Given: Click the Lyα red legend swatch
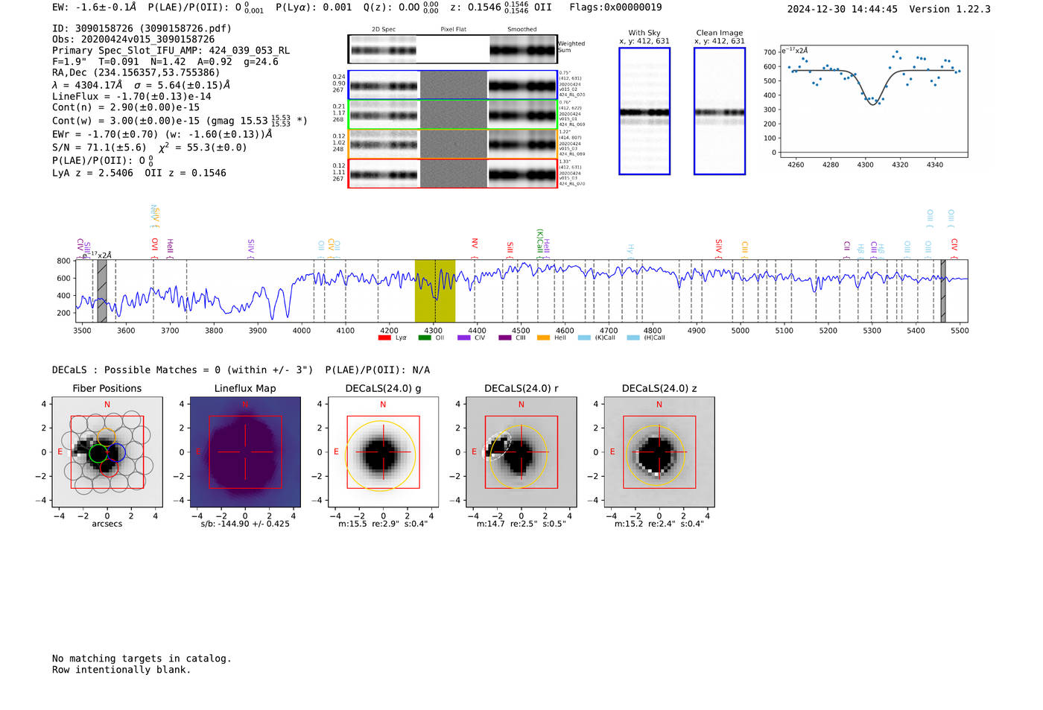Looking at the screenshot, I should click(x=384, y=338).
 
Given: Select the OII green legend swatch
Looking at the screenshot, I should click(x=425, y=338).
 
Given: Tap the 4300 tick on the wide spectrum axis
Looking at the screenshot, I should click(x=434, y=330).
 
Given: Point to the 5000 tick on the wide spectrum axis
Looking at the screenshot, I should click(x=741, y=330).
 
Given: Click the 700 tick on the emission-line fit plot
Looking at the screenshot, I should click(x=770, y=52).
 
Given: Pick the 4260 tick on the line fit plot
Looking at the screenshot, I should click(x=796, y=165).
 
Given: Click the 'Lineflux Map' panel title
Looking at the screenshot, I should click(x=245, y=388).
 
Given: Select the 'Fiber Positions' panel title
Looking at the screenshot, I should click(x=107, y=388).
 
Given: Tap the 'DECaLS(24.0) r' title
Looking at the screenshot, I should click(x=521, y=388).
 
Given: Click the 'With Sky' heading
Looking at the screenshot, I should click(x=644, y=33).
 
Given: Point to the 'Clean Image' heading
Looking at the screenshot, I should click(x=720, y=33).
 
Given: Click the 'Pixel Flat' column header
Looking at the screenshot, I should click(x=453, y=30).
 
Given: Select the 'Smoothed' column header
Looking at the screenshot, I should click(x=521, y=30).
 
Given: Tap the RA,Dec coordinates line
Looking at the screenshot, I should click(x=136, y=73).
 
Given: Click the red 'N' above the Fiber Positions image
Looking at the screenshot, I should click(x=107, y=405).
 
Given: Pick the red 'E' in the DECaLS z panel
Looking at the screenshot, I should click(x=612, y=451).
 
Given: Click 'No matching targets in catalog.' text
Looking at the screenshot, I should click(x=142, y=659).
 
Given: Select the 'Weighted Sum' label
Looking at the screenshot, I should click(x=571, y=47).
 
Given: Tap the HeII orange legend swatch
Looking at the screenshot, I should click(x=543, y=338).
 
